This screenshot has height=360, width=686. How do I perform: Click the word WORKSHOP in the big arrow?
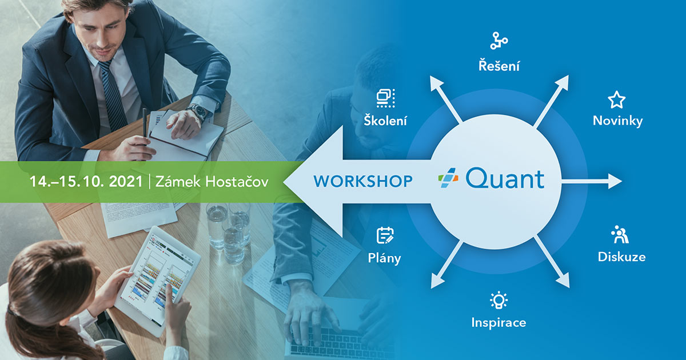point(363,181)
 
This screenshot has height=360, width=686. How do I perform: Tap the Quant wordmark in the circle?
point(505,179)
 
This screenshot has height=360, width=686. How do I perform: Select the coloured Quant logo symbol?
point(448,178)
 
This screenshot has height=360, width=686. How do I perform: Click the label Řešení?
point(499,66)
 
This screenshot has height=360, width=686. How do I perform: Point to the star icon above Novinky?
point(616,100)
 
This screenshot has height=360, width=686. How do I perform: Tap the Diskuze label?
point(622,257)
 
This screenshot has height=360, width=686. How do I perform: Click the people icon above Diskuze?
point(620,234)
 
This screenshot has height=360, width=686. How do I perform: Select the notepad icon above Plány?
point(385,235)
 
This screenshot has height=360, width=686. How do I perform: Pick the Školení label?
point(385,120)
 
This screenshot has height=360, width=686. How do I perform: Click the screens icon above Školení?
point(385,98)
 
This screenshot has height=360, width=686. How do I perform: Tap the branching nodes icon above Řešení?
point(499,41)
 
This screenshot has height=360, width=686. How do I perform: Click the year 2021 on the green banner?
point(126,181)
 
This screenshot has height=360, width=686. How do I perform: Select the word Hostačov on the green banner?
point(237,181)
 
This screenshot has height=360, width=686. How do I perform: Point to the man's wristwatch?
point(197,112)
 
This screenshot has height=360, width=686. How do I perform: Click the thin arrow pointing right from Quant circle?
point(592,181)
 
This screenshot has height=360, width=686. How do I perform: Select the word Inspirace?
point(498,323)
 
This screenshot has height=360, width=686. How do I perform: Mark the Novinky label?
point(618,121)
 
